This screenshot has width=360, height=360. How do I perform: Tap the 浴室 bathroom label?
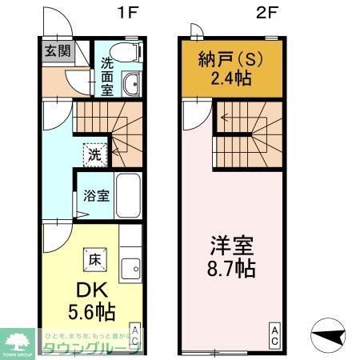click(x=97, y=194)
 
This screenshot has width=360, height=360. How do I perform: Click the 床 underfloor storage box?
click(x=94, y=258)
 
